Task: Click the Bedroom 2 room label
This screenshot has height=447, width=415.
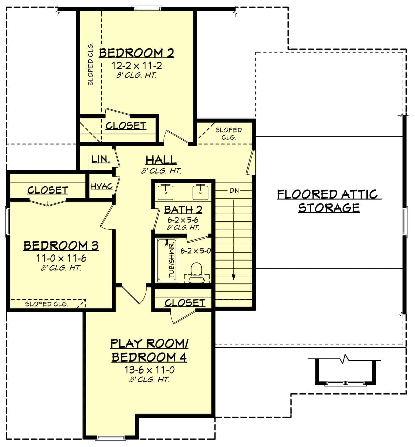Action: point(136,53)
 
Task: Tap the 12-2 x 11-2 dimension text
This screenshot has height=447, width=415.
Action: point(137,66)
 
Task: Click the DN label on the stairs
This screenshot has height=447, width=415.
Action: point(234,191)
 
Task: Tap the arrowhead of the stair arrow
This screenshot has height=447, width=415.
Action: point(234,277)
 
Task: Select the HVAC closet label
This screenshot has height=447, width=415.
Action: point(102,186)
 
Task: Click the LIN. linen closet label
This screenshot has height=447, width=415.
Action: point(101,159)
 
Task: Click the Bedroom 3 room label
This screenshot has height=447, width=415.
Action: point(61,245)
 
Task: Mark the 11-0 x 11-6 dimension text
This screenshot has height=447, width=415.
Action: point(61,258)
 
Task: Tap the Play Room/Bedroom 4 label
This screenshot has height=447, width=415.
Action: point(149,350)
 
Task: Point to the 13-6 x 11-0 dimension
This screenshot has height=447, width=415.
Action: point(149,370)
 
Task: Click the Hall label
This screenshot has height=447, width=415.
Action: point(161,160)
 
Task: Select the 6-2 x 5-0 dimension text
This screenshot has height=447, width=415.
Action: point(196,251)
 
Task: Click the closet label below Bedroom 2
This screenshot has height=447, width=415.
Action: point(126,126)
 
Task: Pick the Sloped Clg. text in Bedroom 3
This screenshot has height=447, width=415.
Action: point(46,304)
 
